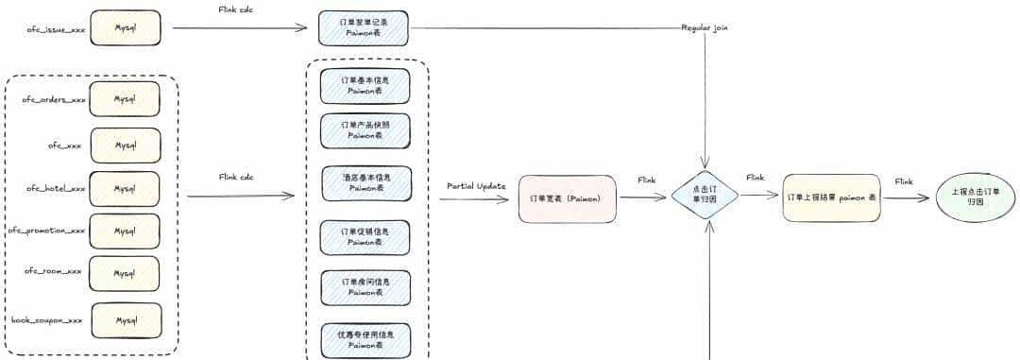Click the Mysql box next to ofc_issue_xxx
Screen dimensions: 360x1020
(x=126, y=28)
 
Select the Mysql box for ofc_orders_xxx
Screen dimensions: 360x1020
(x=126, y=98)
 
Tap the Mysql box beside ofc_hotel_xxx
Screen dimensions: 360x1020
(x=126, y=188)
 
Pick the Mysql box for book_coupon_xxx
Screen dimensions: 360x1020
(x=127, y=320)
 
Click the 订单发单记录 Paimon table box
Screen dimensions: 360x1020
(x=364, y=28)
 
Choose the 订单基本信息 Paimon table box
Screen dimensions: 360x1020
(x=365, y=86)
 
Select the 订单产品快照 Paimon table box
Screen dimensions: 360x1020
(x=365, y=130)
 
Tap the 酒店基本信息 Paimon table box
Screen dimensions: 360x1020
(x=365, y=182)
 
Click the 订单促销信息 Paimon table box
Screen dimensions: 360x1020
(x=365, y=236)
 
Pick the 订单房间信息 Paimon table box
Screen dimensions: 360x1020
(x=365, y=287)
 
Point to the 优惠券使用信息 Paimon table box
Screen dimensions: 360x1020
(x=365, y=339)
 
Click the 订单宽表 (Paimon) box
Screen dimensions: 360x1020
(x=568, y=198)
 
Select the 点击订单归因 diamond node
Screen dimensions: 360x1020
(x=705, y=195)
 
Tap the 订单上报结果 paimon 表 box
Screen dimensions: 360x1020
(x=831, y=198)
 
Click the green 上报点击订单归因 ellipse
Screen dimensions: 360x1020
(x=974, y=197)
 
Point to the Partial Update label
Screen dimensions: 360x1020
(x=479, y=185)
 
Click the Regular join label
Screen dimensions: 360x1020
(x=705, y=28)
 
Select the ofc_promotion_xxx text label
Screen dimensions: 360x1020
(x=46, y=230)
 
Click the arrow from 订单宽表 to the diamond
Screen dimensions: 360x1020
(x=643, y=197)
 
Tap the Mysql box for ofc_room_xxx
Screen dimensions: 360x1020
(x=126, y=273)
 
